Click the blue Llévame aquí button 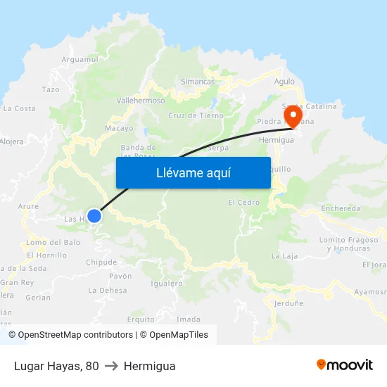tap(193, 172)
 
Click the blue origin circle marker tap(94, 216)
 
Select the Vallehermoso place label tap(140, 101)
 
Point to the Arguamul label tap(80, 60)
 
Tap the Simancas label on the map tap(198, 82)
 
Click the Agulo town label tap(284, 81)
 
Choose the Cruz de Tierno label tap(196, 116)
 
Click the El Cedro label tap(243, 203)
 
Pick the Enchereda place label tap(341, 208)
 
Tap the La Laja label tap(284, 255)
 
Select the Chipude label tap(101, 262)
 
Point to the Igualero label tap(167, 284)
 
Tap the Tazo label tap(51, 90)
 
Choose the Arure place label tap(28, 206)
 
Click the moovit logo tap(344, 364)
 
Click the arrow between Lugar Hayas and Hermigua tap(111, 366)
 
